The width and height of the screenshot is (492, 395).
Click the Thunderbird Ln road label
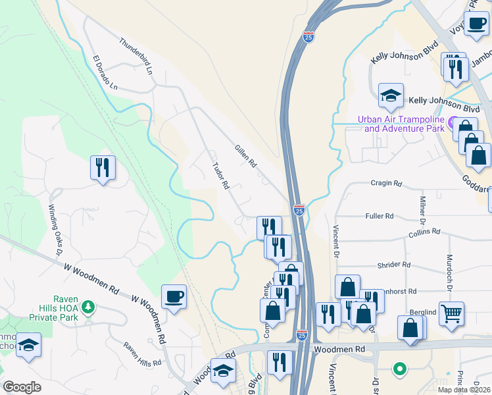tap(135, 55)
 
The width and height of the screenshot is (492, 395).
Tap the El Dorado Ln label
tap(105, 72)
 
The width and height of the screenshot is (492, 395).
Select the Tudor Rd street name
tap(220, 176)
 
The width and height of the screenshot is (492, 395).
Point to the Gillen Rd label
tap(245, 156)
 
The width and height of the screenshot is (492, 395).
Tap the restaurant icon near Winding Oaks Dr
tap(103, 168)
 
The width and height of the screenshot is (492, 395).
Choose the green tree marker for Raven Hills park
tap(90, 307)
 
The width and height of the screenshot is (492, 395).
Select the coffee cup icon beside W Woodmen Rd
tap(174, 297)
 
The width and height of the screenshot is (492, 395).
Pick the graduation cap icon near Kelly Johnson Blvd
tap(391, 95)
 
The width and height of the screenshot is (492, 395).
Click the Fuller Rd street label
tap(379, 216)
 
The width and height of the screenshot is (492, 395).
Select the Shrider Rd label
tap(394, 265)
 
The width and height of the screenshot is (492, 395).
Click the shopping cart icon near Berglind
tap(451, 314)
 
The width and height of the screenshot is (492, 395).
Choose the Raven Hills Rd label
tap(142, 354)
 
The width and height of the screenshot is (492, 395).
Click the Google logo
tap(22, 387)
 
